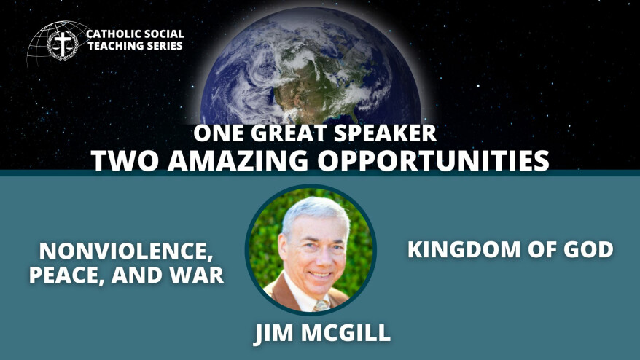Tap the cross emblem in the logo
[x=63, y=44]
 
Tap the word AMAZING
[x=238, y=160]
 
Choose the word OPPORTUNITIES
[x=434, y=160]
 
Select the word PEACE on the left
[x=66, y=275]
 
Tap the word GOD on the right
[x=588, y=249]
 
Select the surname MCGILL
[x=346, y=332]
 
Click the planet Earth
[x=311, y=67]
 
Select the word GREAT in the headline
[x=290, y=133]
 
